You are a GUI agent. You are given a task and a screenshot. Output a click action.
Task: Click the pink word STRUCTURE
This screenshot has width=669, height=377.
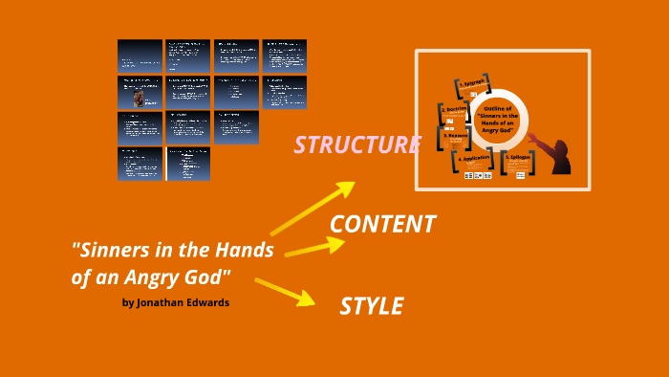pyautogui.click(x=356, y=144)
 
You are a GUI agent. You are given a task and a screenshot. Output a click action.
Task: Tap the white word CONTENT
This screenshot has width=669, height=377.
pyautogui.click(x=382, y=224)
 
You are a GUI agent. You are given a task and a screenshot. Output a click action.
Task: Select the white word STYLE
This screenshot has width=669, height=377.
pyautogui.click(x=371, y=306)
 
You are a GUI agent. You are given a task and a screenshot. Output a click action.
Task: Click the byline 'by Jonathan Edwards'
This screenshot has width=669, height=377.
pyautogui.click(x=177, y=303)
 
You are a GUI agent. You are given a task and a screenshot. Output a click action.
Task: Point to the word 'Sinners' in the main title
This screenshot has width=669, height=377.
pyautogui.click(x=111, y=251)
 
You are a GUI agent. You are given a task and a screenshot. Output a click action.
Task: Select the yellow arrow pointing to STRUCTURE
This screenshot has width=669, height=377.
pyautogui.click(x=313, y=208)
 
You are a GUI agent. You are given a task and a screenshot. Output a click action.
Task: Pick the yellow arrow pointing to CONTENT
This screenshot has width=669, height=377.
pyautogui.click(x=314, y=247)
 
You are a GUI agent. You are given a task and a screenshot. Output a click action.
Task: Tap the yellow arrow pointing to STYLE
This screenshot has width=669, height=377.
pyautogui.click(x=286, y=291)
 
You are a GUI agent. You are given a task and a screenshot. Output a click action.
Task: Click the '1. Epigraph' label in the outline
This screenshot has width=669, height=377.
pyautogui.click(x=472, y=85)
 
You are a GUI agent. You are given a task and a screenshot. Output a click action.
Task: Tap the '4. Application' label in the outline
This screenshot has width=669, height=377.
pyautogui.click(x=476, y=160)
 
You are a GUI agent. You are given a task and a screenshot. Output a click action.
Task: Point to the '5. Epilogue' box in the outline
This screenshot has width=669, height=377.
pyautogui.click(x=519, y=161)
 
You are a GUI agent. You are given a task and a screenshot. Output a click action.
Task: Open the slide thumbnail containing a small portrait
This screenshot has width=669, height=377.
pyautogui.click(x=140, y=92)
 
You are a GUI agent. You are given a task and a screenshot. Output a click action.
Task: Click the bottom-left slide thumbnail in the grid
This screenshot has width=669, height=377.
pyautogui.click(x=140, y=164)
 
